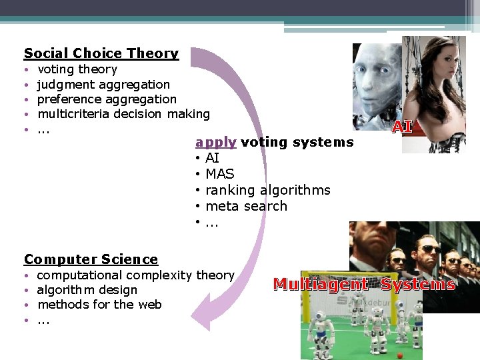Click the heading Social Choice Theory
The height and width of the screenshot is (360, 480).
coord(101,53)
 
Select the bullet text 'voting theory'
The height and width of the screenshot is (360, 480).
coord(77,69)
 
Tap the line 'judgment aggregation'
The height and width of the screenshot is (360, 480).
coord(103,85)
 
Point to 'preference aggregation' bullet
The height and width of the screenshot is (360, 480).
coord(107,99)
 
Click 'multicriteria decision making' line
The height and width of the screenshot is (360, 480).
coord(123,114)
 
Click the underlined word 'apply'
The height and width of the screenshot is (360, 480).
coord(215,142)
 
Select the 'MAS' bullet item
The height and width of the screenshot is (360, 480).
coord(220,174)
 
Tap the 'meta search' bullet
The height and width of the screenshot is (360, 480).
coord(246,206)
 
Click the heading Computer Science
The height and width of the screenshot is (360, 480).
coord(91,259)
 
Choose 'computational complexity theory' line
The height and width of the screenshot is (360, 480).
coord(135,275)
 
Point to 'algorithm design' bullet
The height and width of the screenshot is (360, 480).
coord(87,290)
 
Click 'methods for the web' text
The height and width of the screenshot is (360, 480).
coord(99,305)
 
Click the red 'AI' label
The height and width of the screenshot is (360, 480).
coord(401,127)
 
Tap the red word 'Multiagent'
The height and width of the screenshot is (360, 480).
coord(320,285)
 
